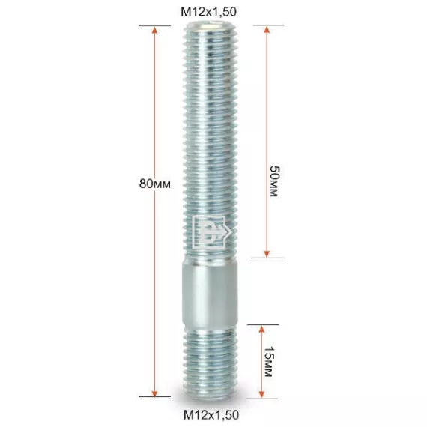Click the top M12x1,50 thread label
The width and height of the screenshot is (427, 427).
pos(208,12)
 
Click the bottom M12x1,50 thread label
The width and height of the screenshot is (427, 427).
pos(211,415)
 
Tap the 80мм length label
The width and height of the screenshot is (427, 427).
pos(155,184)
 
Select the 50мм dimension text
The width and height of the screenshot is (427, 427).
pos(274,181)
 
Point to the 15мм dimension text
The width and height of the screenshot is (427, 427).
pos(269,361)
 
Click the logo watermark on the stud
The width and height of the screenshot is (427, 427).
pos(211,232)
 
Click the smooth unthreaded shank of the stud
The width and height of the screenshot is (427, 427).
pos(210,293)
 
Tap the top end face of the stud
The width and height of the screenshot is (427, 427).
pos(210,25)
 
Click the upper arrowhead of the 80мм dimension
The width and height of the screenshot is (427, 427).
pos(154,31)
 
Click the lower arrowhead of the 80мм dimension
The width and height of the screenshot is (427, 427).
pos(154,393)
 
